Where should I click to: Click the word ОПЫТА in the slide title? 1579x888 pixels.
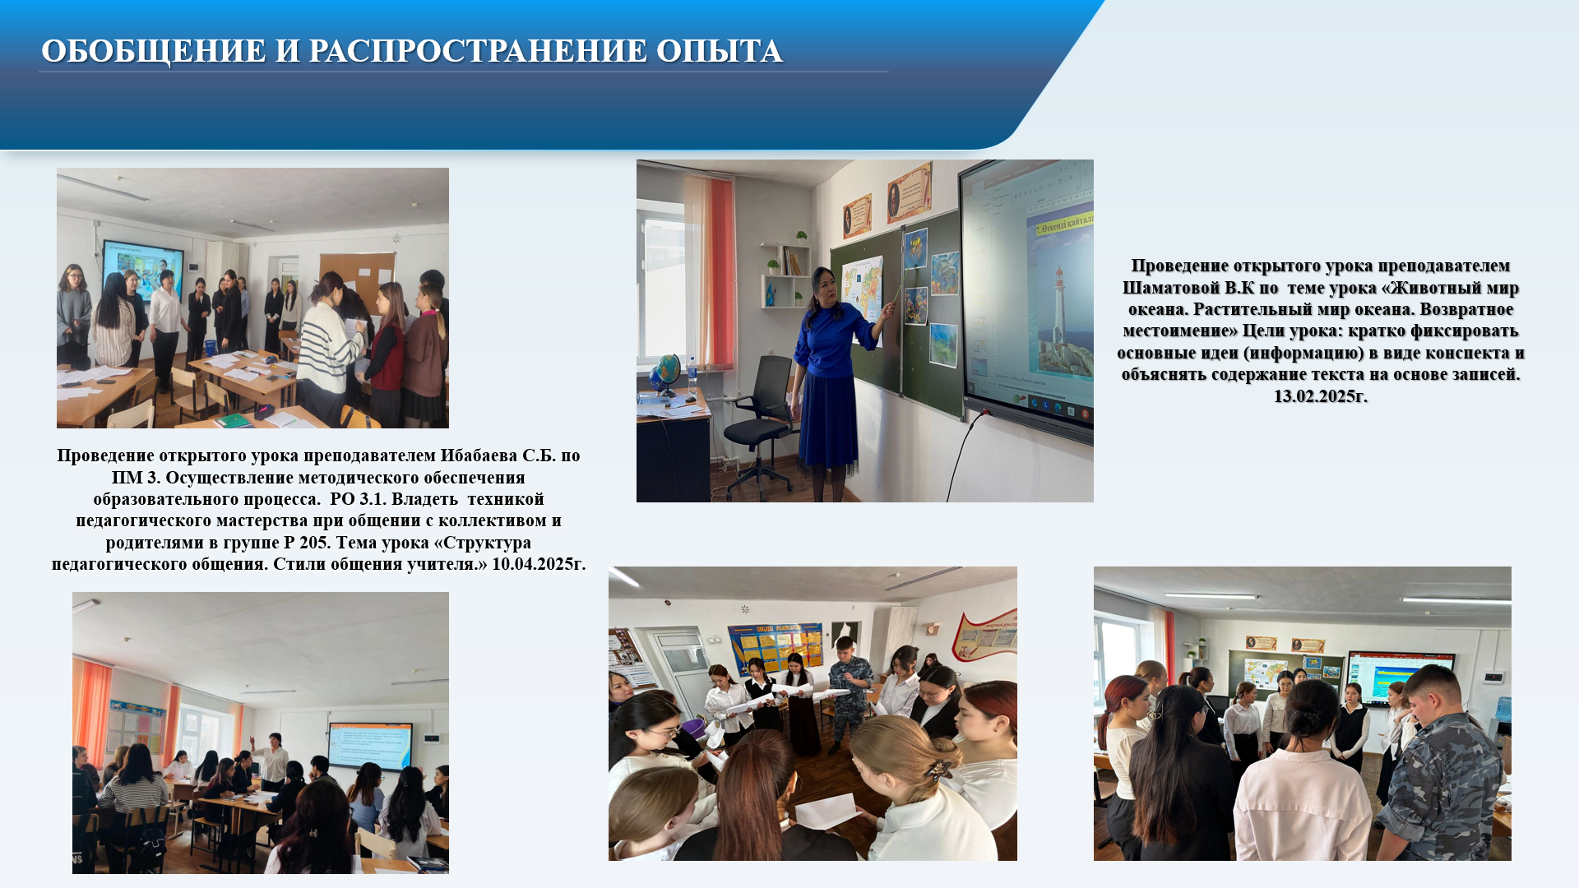719,51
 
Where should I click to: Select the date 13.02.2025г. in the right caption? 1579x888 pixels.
1321,396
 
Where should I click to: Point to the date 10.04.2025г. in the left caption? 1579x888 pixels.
539,564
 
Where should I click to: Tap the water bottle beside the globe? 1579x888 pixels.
692,377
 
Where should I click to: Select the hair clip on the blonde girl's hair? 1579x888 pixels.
938,770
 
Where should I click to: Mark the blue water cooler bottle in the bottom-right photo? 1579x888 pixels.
1503,710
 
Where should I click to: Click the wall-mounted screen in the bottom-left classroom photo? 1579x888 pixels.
370,746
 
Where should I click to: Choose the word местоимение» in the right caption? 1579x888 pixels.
1180,331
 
